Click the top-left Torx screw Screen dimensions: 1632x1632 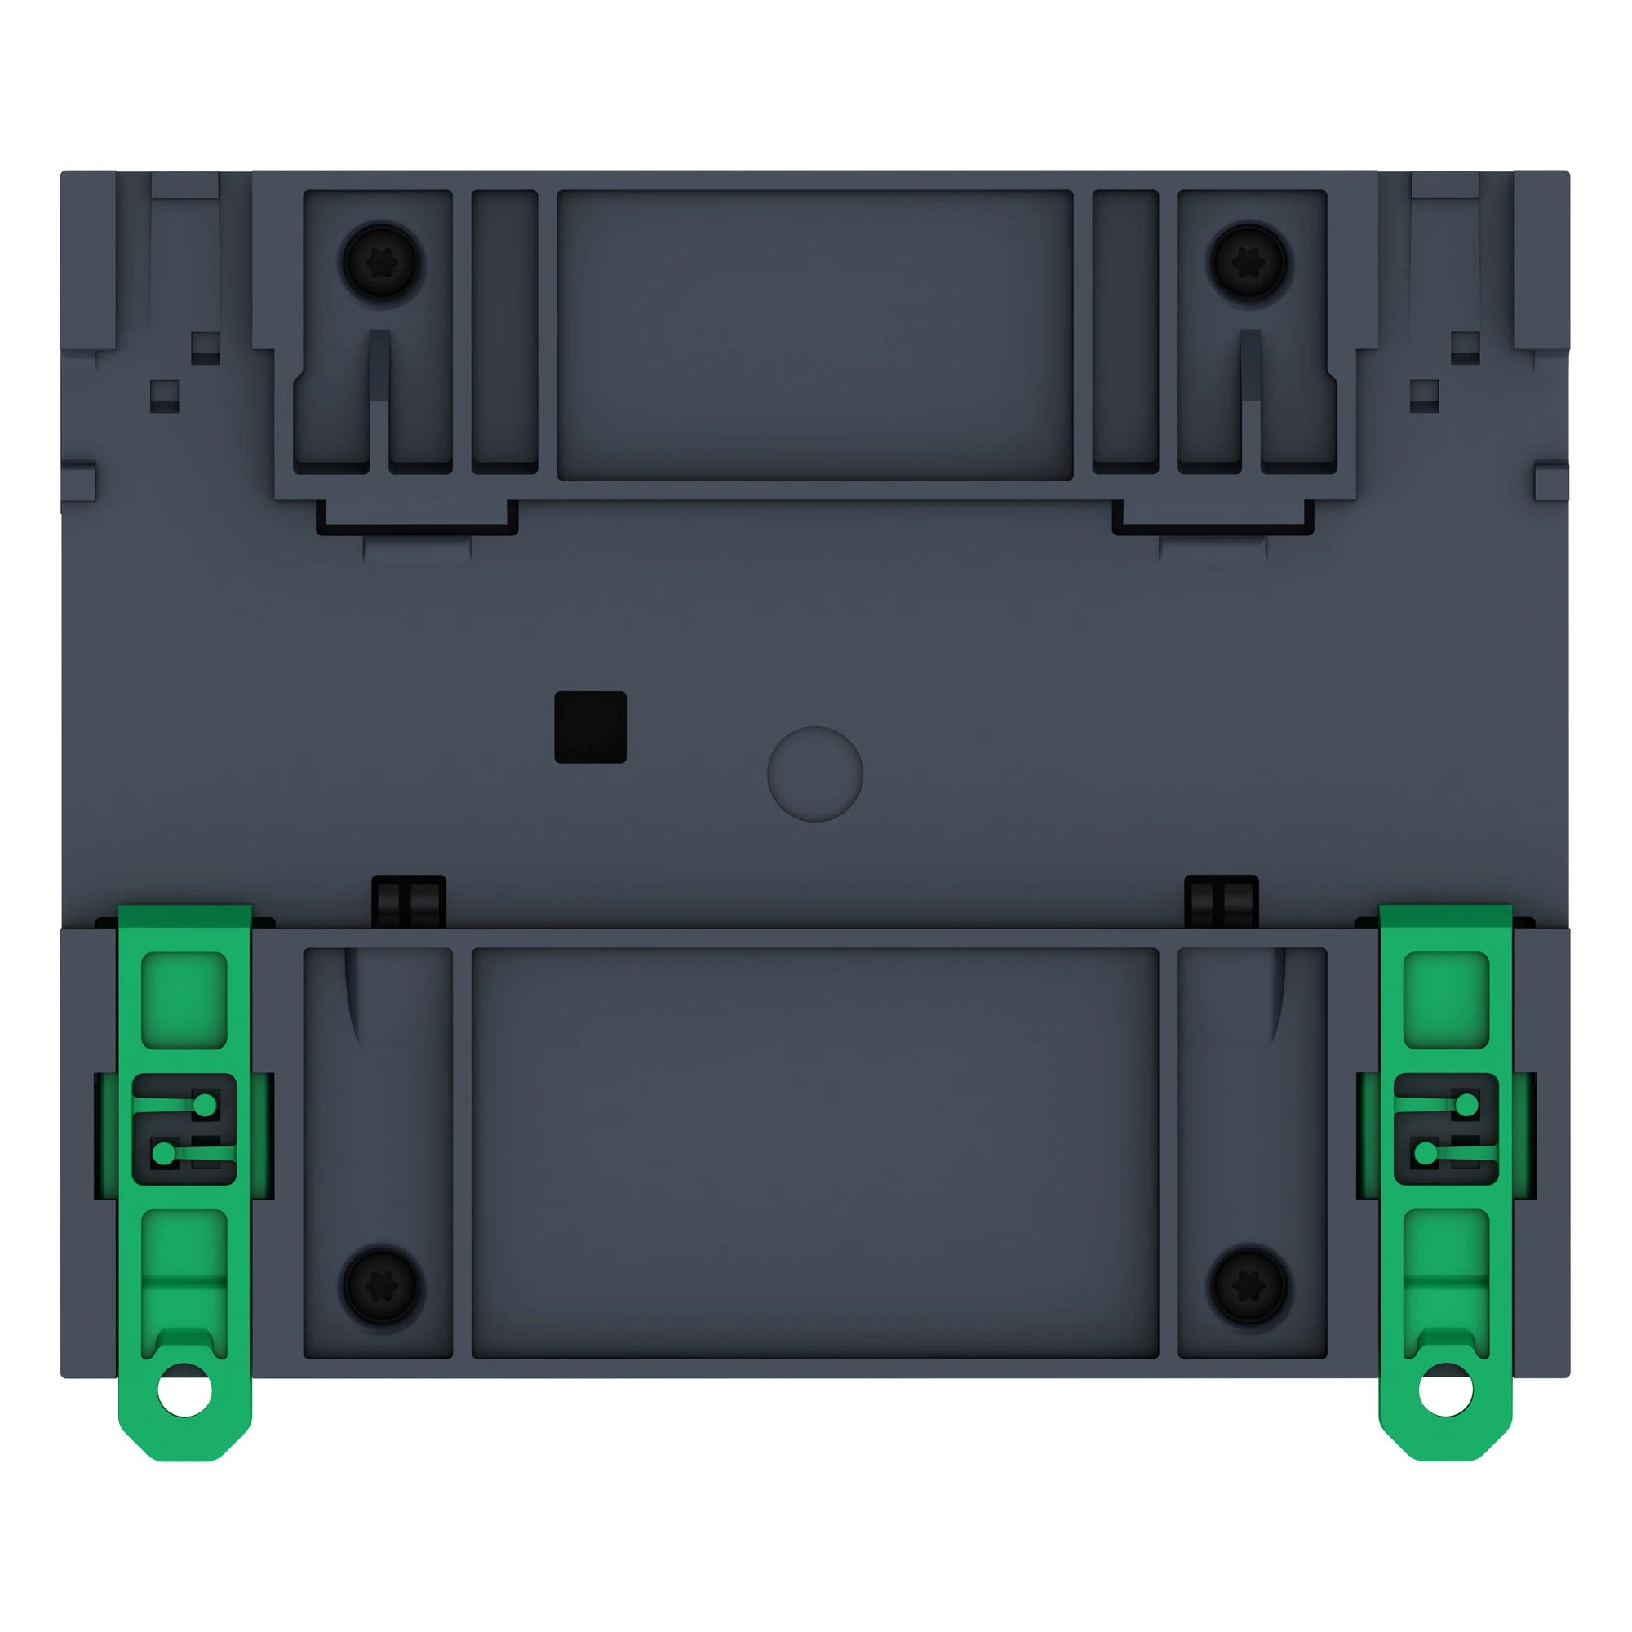coord(381,263)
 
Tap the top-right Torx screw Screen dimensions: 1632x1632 coord(1248,263)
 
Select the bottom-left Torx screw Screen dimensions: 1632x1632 coord(381,1286)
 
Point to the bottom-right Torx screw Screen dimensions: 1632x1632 coord(1248,1286)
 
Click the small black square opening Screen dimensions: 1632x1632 coord(591,727)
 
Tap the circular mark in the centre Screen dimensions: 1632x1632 coord(815,774)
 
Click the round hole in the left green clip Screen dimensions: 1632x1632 coord(185,1390)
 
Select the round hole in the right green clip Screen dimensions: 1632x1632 coord(1445,1390)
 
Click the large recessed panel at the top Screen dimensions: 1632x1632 coord(815,335)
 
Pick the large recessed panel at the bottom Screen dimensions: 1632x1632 coord(815,1153)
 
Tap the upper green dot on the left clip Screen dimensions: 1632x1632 coord(206,1105)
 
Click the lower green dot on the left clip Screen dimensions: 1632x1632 coord(164,1152)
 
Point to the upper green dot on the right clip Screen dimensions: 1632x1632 coord(1467,1105)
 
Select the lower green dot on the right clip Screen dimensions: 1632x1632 coord(1426,1152)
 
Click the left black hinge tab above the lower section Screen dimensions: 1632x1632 coord(409,902)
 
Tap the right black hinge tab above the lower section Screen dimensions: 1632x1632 coord(1222,902)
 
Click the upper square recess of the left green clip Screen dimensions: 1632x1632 coord(184,1000)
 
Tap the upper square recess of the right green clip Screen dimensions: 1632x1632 coord(1446,1000)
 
